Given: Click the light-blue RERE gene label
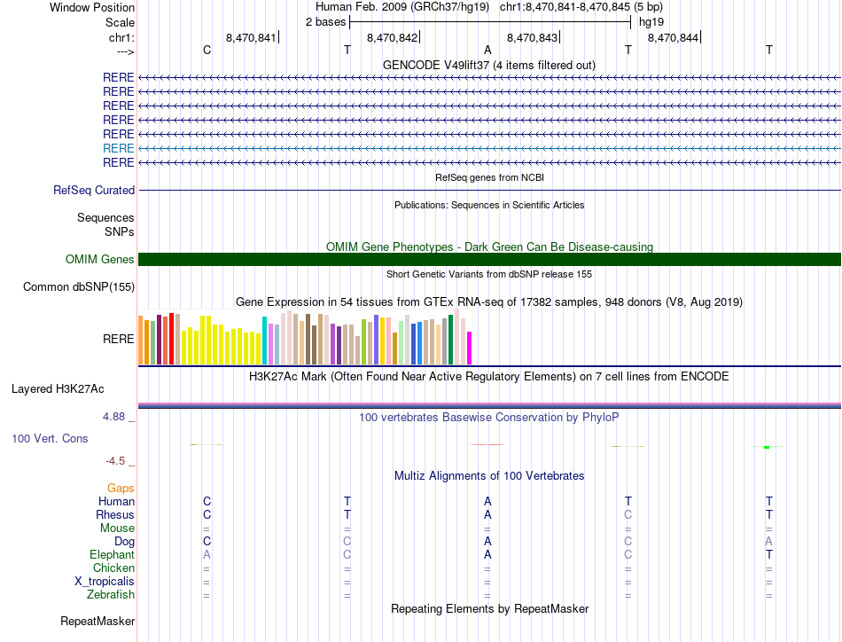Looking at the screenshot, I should [x=119, y=148].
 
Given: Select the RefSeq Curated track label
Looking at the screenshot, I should [x=94, y=190].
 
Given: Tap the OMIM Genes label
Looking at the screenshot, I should [x=100, y=259].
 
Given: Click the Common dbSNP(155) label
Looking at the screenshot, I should [x=79, y=286].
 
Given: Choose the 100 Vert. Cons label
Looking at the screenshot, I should [x=50, y=438].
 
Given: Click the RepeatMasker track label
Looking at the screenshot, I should [x=97, y=621].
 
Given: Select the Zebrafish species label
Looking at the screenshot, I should [x=111, y=594].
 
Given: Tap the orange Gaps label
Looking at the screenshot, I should [x=121, y=488].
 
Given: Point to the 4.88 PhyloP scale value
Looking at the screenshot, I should [x=119, y=416].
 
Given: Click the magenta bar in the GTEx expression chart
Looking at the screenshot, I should [x=470, y=348].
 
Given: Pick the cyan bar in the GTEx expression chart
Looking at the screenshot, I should [x=264, y=341].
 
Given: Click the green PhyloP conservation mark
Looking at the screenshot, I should [x=766, y=447].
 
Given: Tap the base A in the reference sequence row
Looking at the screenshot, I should [x=487, y=51].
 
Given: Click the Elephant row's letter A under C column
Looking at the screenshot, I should [x=207, y=554].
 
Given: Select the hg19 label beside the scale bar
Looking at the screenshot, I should [x=651, y=21].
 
